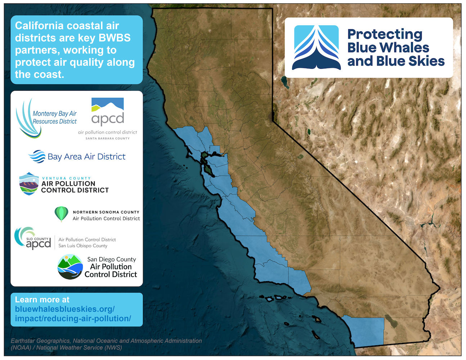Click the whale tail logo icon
tap(316, 48)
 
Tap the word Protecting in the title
tap(385, 35)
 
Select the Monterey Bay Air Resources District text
tap(54, 117)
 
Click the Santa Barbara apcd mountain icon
tap(107, 105)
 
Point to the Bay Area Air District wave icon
tap(37, 157)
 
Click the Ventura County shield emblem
tap(29, 184)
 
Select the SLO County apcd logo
tap(33, 238)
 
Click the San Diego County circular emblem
tap(70, 267)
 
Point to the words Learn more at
tap(42, 300)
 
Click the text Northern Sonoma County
tap(106, 212)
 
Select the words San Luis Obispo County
tap(83, 246)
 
